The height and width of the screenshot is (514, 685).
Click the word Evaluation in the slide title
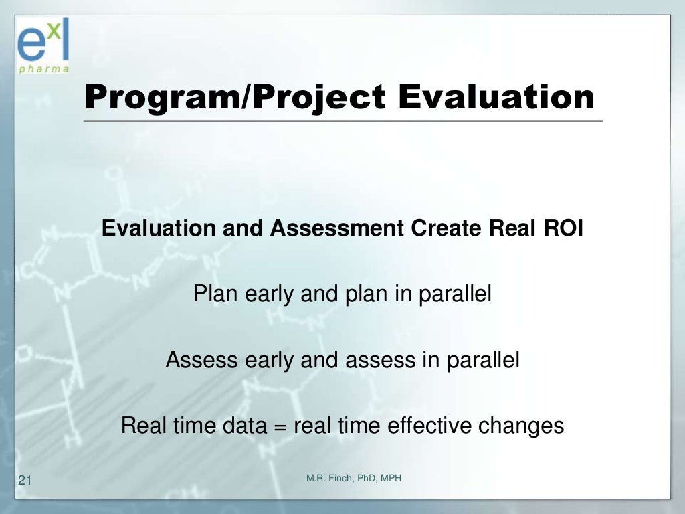496,96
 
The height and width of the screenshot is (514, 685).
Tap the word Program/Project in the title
235,98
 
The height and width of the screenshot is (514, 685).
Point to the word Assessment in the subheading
337,228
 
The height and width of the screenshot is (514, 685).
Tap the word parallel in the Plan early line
455,294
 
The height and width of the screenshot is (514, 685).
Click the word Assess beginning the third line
201,359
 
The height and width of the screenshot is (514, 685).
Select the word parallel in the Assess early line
483,360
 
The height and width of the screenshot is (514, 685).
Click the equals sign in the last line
280,427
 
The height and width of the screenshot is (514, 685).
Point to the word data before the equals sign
245,425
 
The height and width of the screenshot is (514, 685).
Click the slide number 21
25,480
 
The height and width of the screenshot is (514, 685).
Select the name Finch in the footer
340,478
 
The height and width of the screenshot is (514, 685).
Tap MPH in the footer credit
391,478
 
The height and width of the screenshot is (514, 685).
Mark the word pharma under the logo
43,69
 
